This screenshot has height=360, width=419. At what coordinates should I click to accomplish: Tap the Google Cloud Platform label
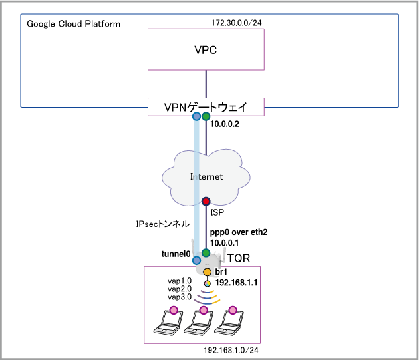click(x=74, y=24)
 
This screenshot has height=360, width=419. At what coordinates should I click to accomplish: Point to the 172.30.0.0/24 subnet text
click(x=237, y=24)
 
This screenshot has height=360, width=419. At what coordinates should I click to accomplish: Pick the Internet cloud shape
click(x=206, y=174)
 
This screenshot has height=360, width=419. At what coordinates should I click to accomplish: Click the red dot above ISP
click(x=206, y=201)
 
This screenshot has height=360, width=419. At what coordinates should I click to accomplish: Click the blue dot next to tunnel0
click(x=196, y=260)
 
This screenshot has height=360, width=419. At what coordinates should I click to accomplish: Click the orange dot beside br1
click(x=207, y=272)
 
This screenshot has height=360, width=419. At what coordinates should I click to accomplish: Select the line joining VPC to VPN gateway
click(x=206, y=84)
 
